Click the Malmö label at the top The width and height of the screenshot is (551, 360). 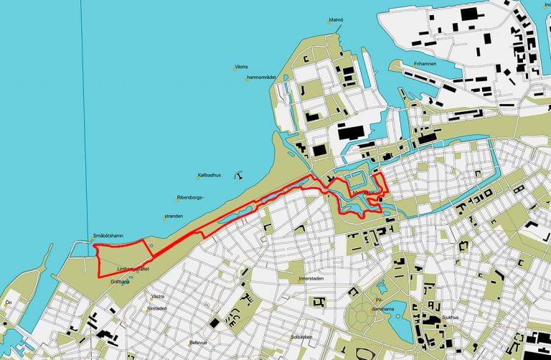336,19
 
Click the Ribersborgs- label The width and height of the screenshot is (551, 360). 190,198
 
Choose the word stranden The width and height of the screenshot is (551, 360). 174,215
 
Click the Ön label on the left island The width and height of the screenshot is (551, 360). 9,302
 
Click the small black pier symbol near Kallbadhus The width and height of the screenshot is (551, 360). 238,172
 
